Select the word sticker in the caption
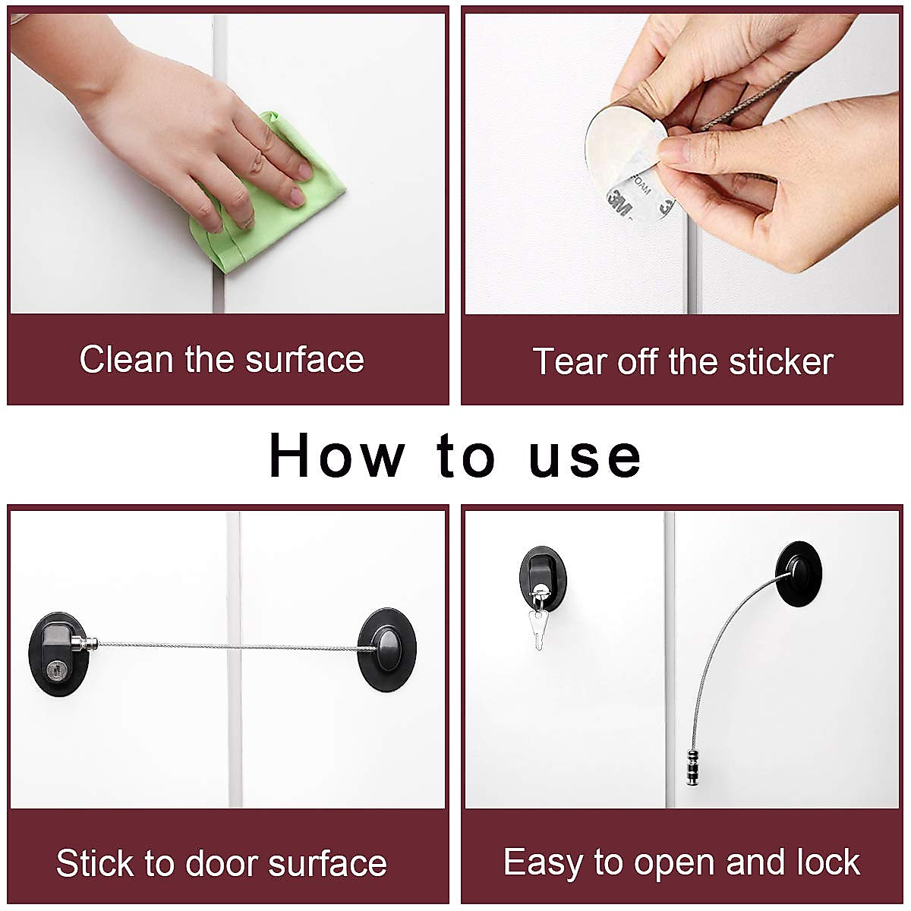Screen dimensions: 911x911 [781, 361]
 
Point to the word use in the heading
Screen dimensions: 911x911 [585, 456]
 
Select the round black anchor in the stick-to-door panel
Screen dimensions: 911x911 [387, 649]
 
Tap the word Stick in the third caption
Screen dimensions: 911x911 [96, 863]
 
